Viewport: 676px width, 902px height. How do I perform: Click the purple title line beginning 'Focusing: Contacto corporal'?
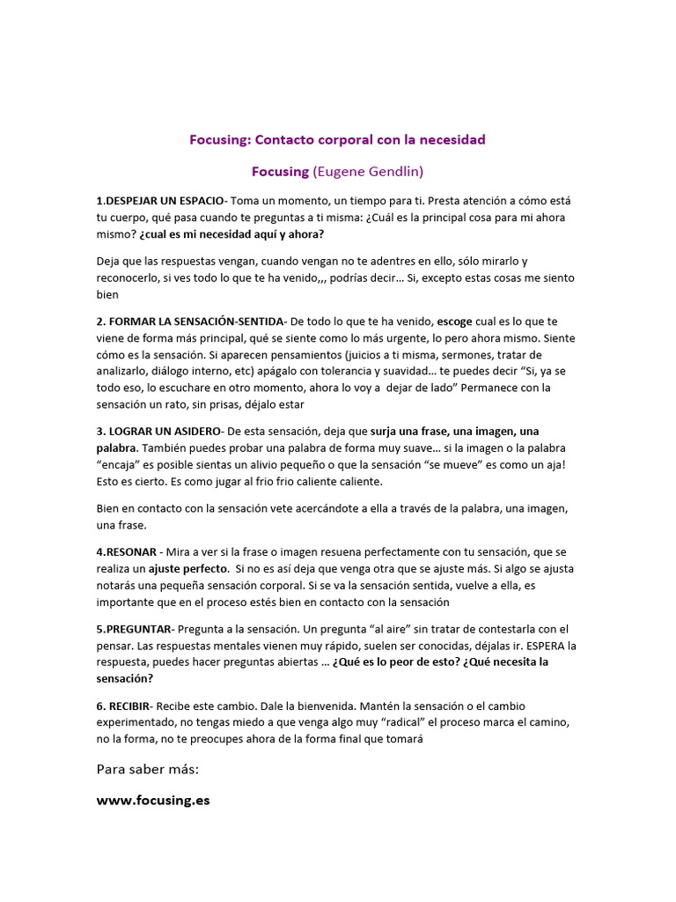337,139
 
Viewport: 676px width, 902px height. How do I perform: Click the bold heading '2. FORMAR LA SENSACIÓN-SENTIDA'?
191,321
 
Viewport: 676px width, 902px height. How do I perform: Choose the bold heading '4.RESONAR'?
127,551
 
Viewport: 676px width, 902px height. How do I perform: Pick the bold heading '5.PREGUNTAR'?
136,629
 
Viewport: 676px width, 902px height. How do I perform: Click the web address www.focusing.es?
153,802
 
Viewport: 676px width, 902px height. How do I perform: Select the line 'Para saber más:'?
148,770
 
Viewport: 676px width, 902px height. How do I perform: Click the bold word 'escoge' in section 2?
455,321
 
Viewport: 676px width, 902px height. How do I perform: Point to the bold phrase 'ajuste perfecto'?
188,569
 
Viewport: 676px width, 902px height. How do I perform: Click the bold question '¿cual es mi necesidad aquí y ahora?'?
231,234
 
